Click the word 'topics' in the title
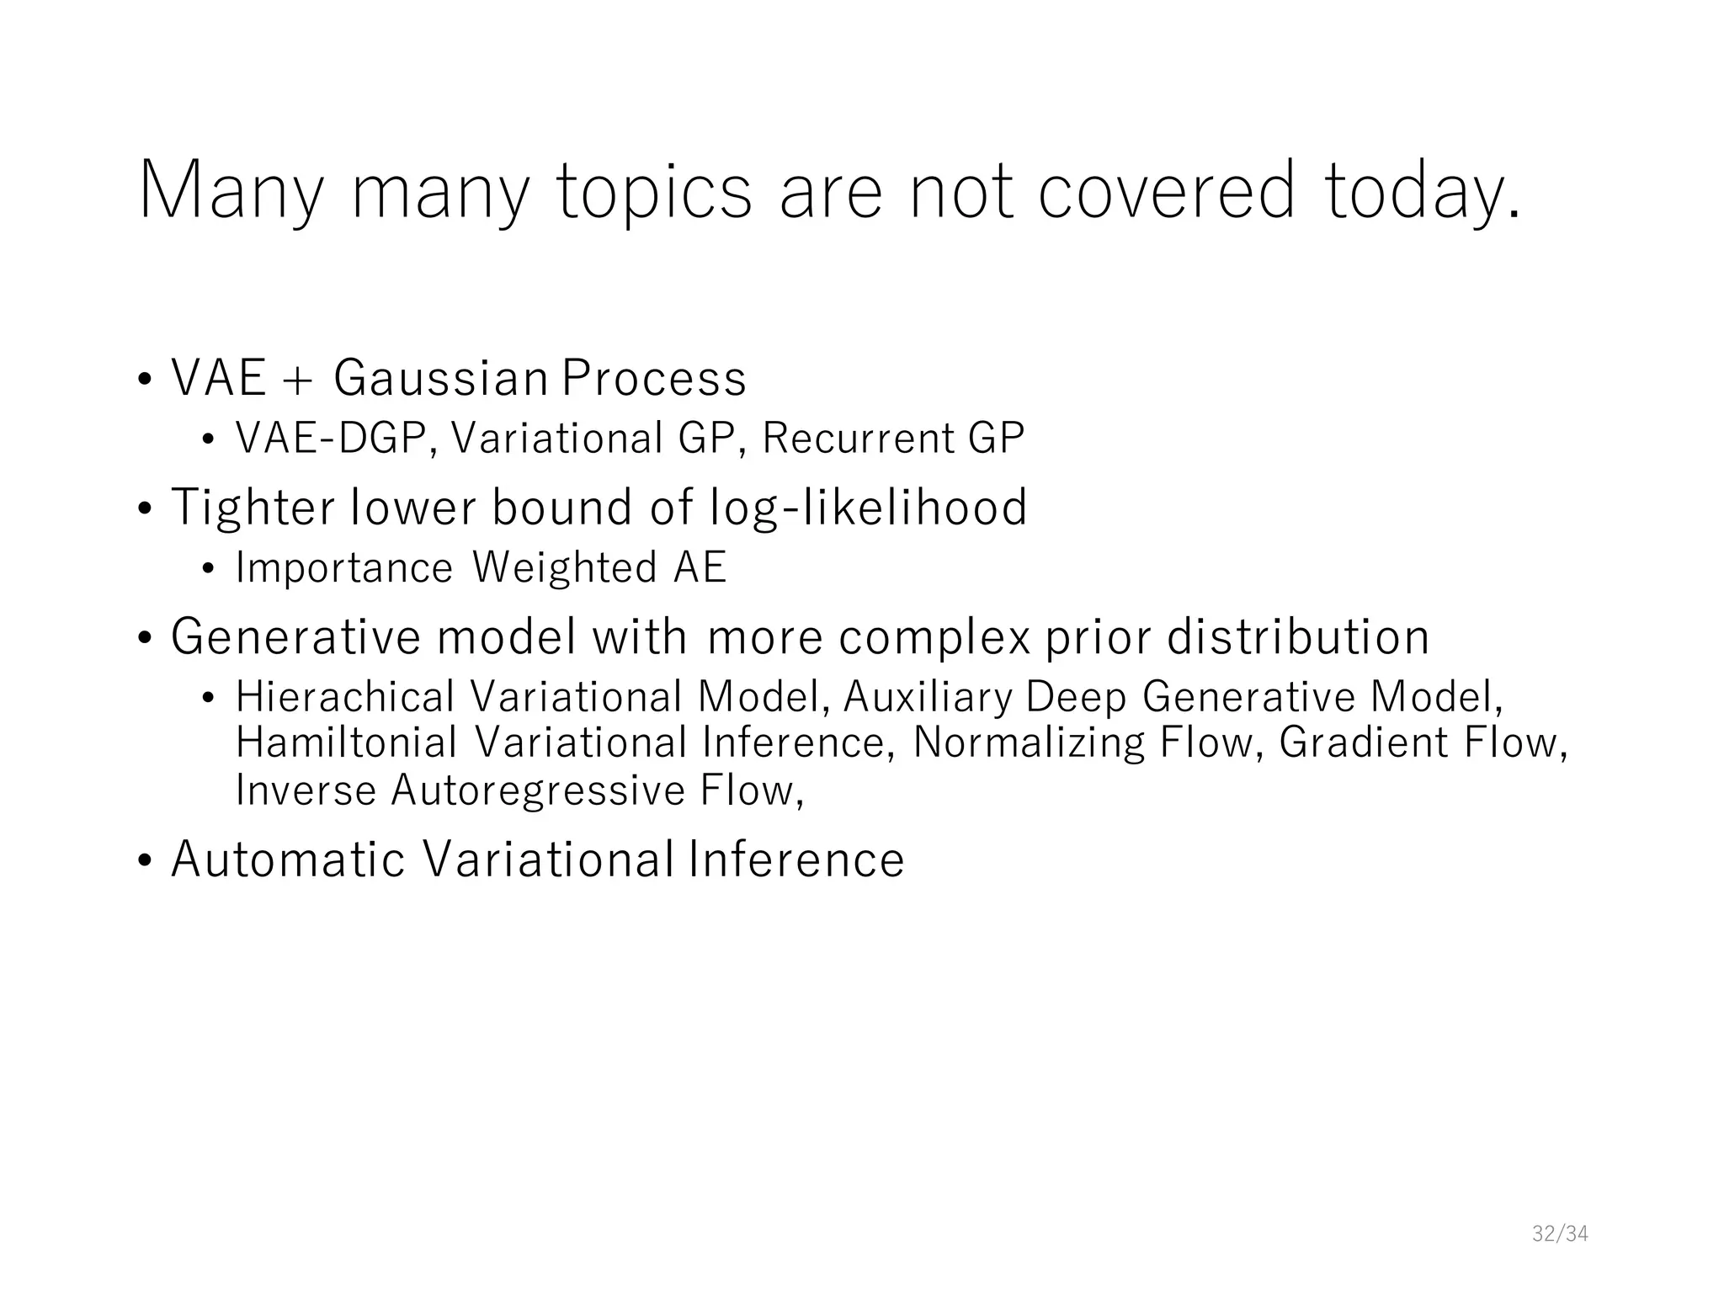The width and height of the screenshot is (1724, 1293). (654, 192)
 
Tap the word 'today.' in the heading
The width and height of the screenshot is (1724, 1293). (1423, 192)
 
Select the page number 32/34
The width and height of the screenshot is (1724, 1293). (1559, 1234)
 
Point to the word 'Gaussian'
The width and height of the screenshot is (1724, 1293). (441, 378)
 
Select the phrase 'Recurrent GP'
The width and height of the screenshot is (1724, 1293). (893, 439)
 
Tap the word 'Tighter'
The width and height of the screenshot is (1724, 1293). (253, 508)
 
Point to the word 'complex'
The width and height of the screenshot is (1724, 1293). (934, 637)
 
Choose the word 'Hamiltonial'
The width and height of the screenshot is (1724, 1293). (346, 742)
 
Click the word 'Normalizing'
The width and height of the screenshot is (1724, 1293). (1029, 742)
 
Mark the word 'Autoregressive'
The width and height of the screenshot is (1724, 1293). (538, 790)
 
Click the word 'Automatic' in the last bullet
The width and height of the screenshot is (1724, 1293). (288, 859)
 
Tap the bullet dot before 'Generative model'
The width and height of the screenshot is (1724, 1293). (145, 639)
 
